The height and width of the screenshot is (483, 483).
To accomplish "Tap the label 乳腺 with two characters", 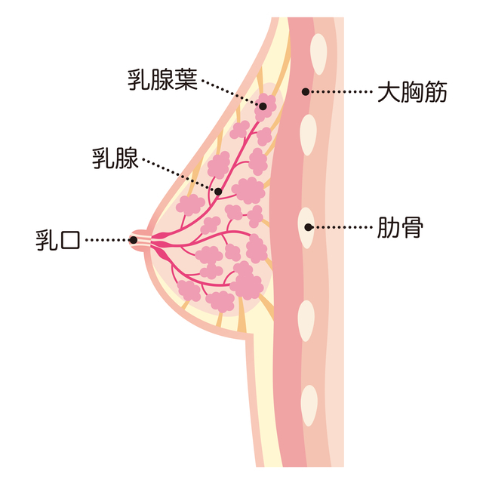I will pos(115,159).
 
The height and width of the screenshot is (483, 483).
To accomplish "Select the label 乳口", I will pos(59,240).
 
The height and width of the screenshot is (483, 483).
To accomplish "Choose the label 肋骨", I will pos(399,226).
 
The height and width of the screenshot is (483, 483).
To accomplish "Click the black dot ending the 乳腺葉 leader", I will pos(263,106).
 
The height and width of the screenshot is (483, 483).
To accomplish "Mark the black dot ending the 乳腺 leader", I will pos(218,192).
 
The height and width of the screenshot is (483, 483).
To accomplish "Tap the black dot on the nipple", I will pos(133,240).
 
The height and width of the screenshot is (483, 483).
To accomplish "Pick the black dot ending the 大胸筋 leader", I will pos(305,93).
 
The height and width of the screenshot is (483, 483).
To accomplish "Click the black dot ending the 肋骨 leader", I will pos(308,226).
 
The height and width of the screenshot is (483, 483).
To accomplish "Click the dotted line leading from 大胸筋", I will pos(340,93).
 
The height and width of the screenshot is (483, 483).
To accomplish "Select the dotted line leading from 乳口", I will pos(106,240).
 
